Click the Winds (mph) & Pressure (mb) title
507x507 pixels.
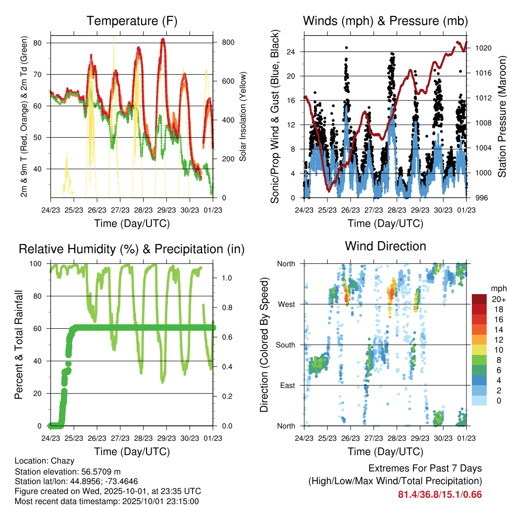pos(385,21)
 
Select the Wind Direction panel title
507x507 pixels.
pos(385,246)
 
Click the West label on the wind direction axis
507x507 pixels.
pos(286,304)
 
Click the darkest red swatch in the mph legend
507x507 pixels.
pos(479,299)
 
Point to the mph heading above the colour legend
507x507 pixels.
pos(498,288)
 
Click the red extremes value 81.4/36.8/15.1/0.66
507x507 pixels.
pos(440,494)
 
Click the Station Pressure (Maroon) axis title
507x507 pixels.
pos(502,117)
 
